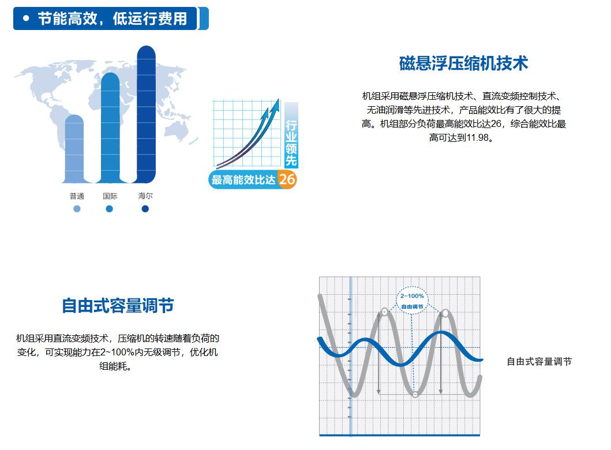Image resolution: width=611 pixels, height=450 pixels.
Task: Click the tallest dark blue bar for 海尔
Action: click(x=146, y=114)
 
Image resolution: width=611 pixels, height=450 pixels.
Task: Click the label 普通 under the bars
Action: click(x=77, y=196)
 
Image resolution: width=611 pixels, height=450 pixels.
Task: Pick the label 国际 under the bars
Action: click(x=110, y=196)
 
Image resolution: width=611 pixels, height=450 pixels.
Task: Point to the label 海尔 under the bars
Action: click(x=145, y=196)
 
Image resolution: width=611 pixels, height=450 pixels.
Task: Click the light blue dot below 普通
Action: click(x=77, y=209)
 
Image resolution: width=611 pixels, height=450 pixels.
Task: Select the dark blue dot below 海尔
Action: click(x=145, y=209)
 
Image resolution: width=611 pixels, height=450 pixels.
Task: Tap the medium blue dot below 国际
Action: click(x=110, y=209)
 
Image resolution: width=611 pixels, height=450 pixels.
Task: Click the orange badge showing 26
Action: click(x=287, y=179)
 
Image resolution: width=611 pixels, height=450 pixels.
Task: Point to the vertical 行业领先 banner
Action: click(x=291, y=135)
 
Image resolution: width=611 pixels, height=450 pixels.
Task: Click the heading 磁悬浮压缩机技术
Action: click(x=463, y=63)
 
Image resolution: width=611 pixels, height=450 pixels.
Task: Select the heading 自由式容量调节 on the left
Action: click(x=118, y=305)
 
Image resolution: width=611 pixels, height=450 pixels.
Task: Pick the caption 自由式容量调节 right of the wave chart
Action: click(x=539, y=362)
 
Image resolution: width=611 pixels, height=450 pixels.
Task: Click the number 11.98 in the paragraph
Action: click(x=477, y=137)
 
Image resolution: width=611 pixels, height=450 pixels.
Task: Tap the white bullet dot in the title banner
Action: click(x=26, y=18)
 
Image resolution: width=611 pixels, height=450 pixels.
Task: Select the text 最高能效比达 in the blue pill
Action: click(x=243, y=179)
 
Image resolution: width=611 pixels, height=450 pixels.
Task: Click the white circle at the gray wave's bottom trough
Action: click(x=415, y=394)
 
